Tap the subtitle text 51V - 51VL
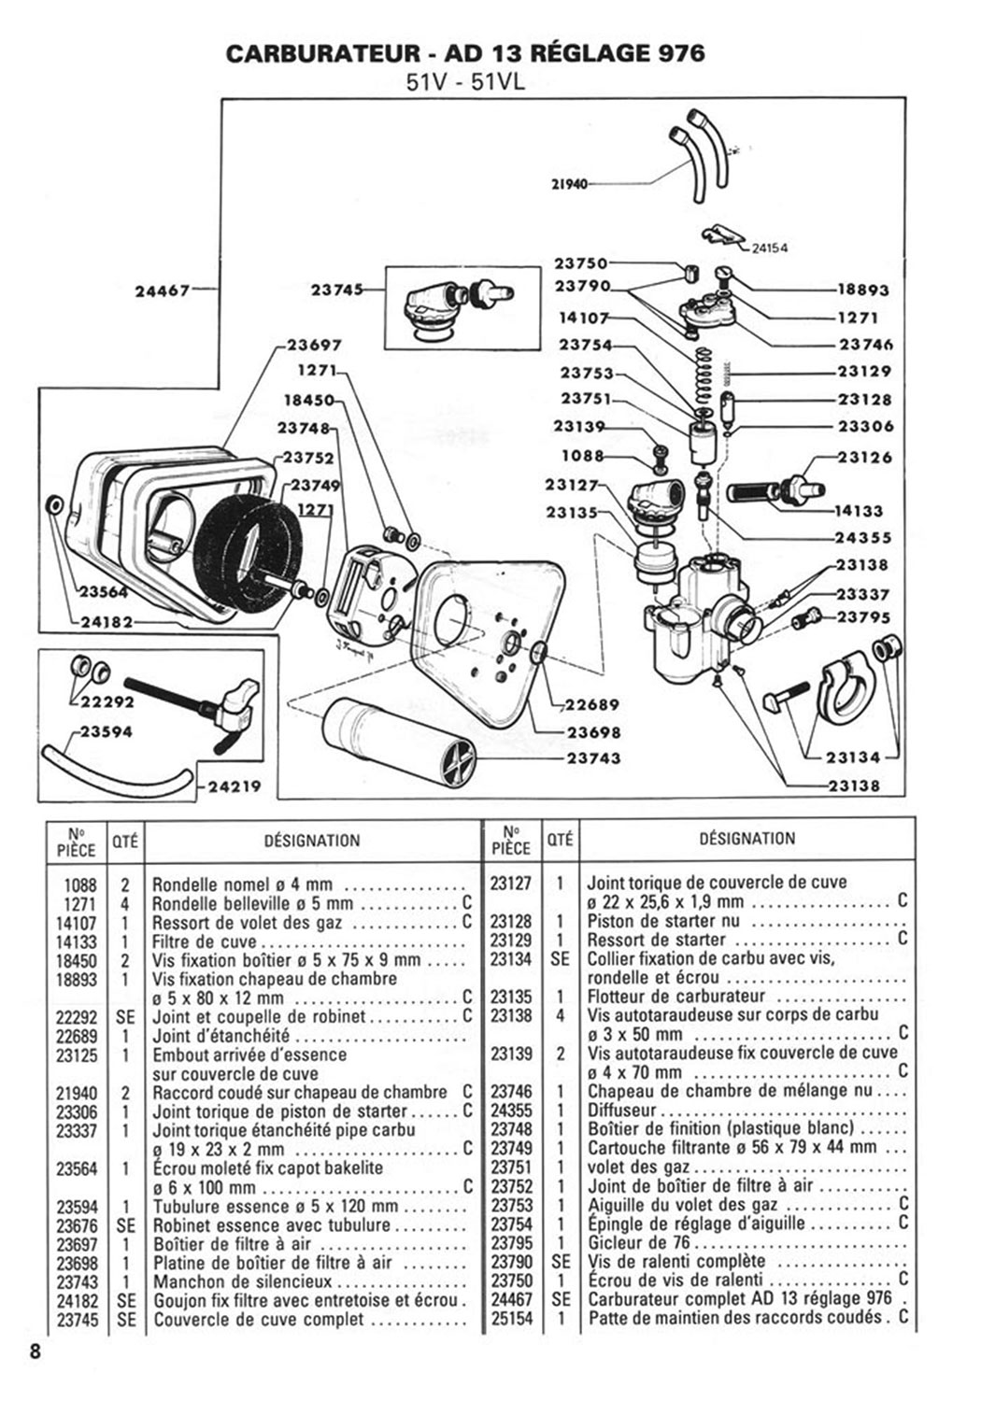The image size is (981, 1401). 465,82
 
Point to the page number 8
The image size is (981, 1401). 36,1352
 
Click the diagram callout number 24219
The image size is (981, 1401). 235,786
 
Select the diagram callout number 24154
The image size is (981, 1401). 769,248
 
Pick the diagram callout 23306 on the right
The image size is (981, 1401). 864,426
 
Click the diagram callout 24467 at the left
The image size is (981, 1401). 164,290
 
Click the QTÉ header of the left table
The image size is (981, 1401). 125,841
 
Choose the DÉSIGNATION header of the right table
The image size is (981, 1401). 747,839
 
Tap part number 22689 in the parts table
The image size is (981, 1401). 77,1036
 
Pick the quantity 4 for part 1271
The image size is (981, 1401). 125,903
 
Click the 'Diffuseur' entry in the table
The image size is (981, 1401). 622,1111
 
